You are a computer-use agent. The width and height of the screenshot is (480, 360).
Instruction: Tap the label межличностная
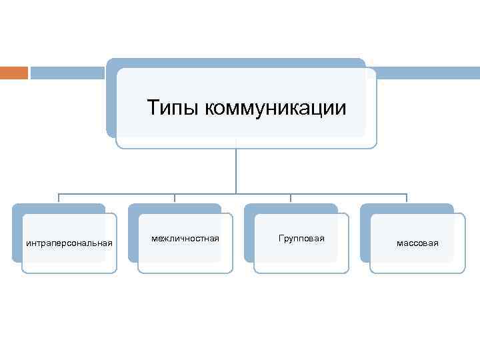[x=185, y=238]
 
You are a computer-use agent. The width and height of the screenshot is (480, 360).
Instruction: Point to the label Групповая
[x=301, y=238]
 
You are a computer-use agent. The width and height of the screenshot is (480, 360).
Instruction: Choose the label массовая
[x=417, y=243]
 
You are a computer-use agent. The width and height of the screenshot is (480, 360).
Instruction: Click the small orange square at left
[x=13, y=72]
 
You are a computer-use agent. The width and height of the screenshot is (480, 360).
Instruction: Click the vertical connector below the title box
[x=236, y=170]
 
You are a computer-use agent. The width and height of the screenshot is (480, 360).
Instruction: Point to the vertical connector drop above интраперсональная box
[x=59, y=198]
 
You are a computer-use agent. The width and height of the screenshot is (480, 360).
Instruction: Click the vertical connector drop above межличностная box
[x=175, y=198]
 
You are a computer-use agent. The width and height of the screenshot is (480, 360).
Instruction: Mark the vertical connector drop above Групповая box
[x=291, y=198]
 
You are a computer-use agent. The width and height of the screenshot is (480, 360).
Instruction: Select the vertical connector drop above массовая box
[x=407, y=198]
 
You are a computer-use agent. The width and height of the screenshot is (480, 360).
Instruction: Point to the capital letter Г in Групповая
[x=281, y=238]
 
